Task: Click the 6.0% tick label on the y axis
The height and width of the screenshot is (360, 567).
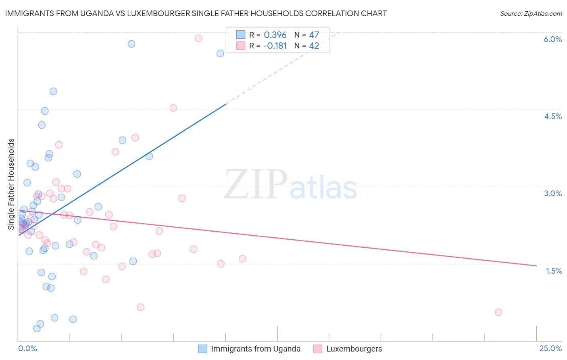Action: click(552, 39)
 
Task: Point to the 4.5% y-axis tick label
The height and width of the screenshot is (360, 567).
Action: click(552, 116)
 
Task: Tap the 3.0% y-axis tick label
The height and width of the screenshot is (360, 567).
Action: click(552, 193)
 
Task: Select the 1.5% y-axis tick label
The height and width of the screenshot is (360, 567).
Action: click(554, 271)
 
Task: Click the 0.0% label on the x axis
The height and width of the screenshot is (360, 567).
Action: click(27, 348)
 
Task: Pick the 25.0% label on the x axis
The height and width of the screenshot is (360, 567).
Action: click(550, 348)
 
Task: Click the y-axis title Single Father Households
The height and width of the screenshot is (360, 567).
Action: click(11, 184)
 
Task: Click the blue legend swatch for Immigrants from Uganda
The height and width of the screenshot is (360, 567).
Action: click(203, 349)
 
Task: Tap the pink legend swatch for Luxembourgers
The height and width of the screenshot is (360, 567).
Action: click(318, 349)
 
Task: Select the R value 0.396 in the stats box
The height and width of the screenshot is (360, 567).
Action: click(275, 35)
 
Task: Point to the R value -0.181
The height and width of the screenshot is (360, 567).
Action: click(275, 46)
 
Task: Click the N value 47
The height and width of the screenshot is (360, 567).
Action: click(314, 35)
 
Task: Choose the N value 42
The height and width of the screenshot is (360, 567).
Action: click(314, 46)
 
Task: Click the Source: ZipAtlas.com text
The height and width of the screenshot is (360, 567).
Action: click(531, 14)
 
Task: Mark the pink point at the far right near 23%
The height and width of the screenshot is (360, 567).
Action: click(498, 312)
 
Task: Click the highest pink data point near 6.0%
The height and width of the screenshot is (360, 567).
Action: click(198, 38)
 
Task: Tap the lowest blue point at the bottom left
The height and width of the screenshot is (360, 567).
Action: click(37, 328)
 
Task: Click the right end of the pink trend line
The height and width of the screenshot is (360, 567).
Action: click(536, 266)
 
